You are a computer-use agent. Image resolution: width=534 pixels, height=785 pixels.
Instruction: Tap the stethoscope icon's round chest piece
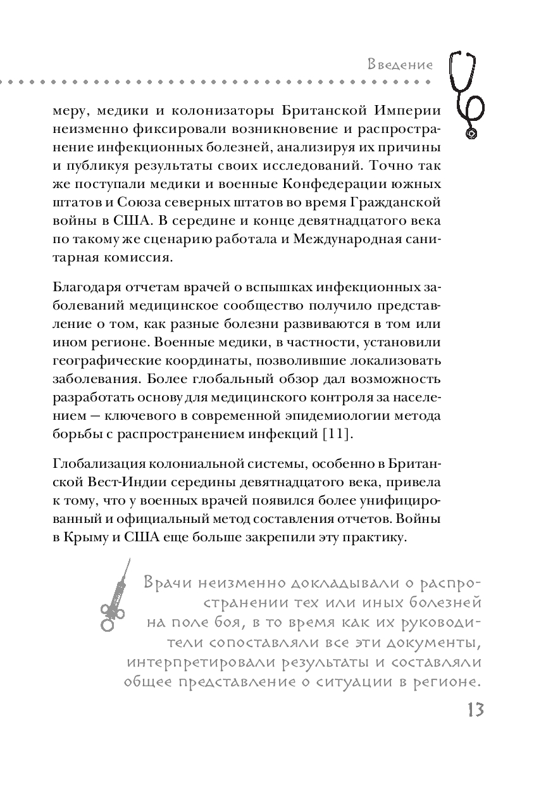472,133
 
